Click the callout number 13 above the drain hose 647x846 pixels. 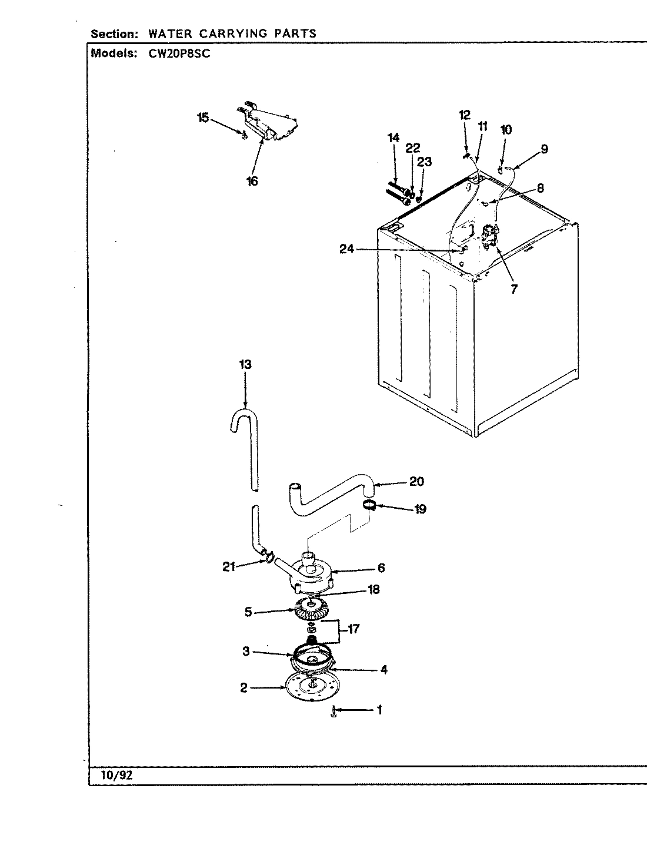click(245, 365)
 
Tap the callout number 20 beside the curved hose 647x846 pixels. click(416, 482)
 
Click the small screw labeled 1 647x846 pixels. click(333, 712)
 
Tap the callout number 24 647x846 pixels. click(348, 249)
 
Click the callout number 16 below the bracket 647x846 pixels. click(252, 182)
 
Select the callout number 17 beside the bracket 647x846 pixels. click(353, 629)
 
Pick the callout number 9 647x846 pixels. click(544, 149)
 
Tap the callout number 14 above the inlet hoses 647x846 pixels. click(393, 137)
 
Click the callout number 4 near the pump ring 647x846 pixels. click(383, 669)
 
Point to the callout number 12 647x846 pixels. click(465, 115)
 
